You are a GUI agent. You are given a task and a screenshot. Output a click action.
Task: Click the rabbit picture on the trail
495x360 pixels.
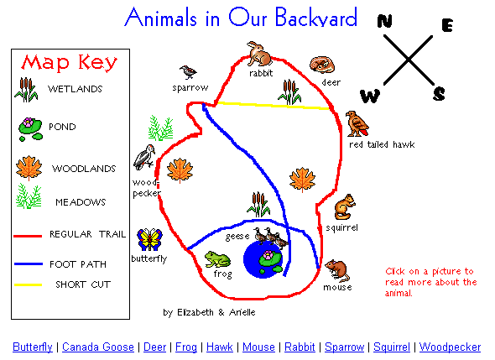(x=259, y=54)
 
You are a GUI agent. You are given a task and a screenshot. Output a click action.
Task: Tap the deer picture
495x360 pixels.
(x=322, y=65)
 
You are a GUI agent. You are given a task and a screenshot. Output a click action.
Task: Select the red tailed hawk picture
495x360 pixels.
(x=357, y=124)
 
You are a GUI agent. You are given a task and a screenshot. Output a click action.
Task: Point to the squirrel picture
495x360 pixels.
(x=345, y=206)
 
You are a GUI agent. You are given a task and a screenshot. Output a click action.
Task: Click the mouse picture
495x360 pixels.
(x=338, y=271)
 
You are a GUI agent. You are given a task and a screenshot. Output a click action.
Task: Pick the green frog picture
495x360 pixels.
(x=217, y=259)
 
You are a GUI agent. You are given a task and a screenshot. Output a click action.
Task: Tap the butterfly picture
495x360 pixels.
(x=149, y=240)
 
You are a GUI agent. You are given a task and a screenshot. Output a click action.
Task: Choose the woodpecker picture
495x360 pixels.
(x=144, y=157)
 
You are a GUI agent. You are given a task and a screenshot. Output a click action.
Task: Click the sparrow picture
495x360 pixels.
(x=188, y=72)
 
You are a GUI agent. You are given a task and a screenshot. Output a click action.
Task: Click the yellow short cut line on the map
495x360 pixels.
(x=274, y=106)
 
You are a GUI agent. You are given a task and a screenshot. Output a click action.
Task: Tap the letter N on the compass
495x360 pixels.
(x=385, y=21)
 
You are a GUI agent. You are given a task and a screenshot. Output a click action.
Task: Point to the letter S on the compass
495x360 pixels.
(x=439, y=94)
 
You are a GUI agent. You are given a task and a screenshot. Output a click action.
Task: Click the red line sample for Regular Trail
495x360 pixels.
(x=28, y=236)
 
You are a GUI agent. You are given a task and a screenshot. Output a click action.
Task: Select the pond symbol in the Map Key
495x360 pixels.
(x=30, y=129)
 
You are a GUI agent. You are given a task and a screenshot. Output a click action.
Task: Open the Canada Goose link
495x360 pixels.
(x=98, y=347)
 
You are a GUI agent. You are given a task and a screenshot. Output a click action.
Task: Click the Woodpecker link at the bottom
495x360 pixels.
(x=450, y=347)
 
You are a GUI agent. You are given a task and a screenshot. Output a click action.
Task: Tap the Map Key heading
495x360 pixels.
(x=70, y=62)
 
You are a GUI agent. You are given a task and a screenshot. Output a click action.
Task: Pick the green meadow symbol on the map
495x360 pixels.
(x=161, y=128)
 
